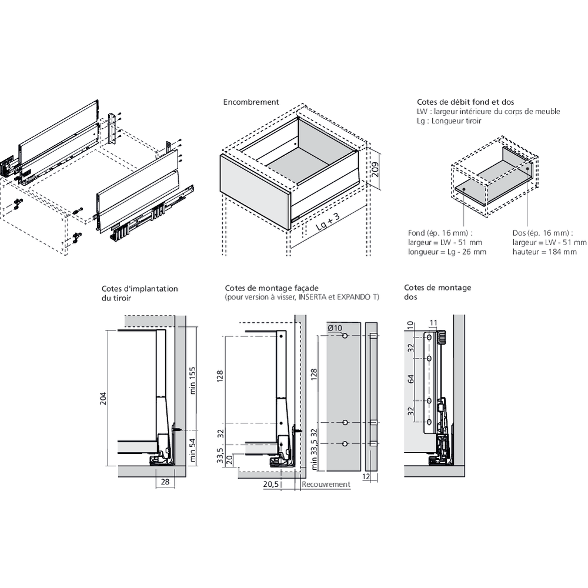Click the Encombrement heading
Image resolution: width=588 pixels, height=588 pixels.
(251, 102)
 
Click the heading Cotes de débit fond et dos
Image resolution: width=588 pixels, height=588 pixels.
(457, 102)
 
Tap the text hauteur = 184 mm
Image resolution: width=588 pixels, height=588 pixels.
(544, 252)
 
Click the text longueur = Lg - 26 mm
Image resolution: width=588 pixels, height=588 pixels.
(447, 252)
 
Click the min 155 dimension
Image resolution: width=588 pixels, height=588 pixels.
(192, 382)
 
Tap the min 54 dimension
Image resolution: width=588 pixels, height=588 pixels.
(192, 450)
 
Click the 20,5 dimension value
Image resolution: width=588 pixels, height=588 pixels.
(271, 484)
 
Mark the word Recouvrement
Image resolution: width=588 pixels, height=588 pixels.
(326, 485)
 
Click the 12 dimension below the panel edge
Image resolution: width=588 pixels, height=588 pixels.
(366, 477)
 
